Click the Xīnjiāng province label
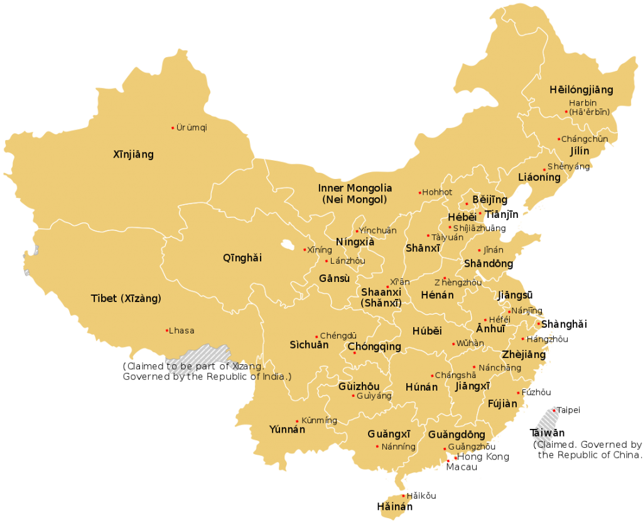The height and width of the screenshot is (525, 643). point(133,154)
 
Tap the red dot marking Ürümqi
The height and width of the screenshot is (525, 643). point(173,128)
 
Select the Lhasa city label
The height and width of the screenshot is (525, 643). point(182,331)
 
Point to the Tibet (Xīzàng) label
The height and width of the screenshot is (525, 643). point(126,299)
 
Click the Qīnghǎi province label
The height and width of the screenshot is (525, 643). point(242,257)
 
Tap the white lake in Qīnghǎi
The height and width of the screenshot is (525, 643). point(288,244)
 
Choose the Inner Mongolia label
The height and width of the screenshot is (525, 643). point(355,188)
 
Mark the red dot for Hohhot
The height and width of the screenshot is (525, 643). point(420,193)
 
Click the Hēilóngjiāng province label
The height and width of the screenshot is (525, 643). point(581,90)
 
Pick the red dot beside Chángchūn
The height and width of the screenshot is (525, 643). point(558,139)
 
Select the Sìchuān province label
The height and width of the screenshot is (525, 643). point(309,345)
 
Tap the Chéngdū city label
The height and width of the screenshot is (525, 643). point(338,336)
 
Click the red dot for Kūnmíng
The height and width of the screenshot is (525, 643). point(297,421)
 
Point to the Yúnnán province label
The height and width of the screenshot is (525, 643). point(287,430)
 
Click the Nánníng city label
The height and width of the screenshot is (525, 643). point(399,447)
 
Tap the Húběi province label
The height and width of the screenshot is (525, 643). point(427,331)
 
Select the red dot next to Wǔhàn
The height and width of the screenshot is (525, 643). point(453,344)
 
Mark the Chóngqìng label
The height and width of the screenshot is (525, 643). point(374,347)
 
